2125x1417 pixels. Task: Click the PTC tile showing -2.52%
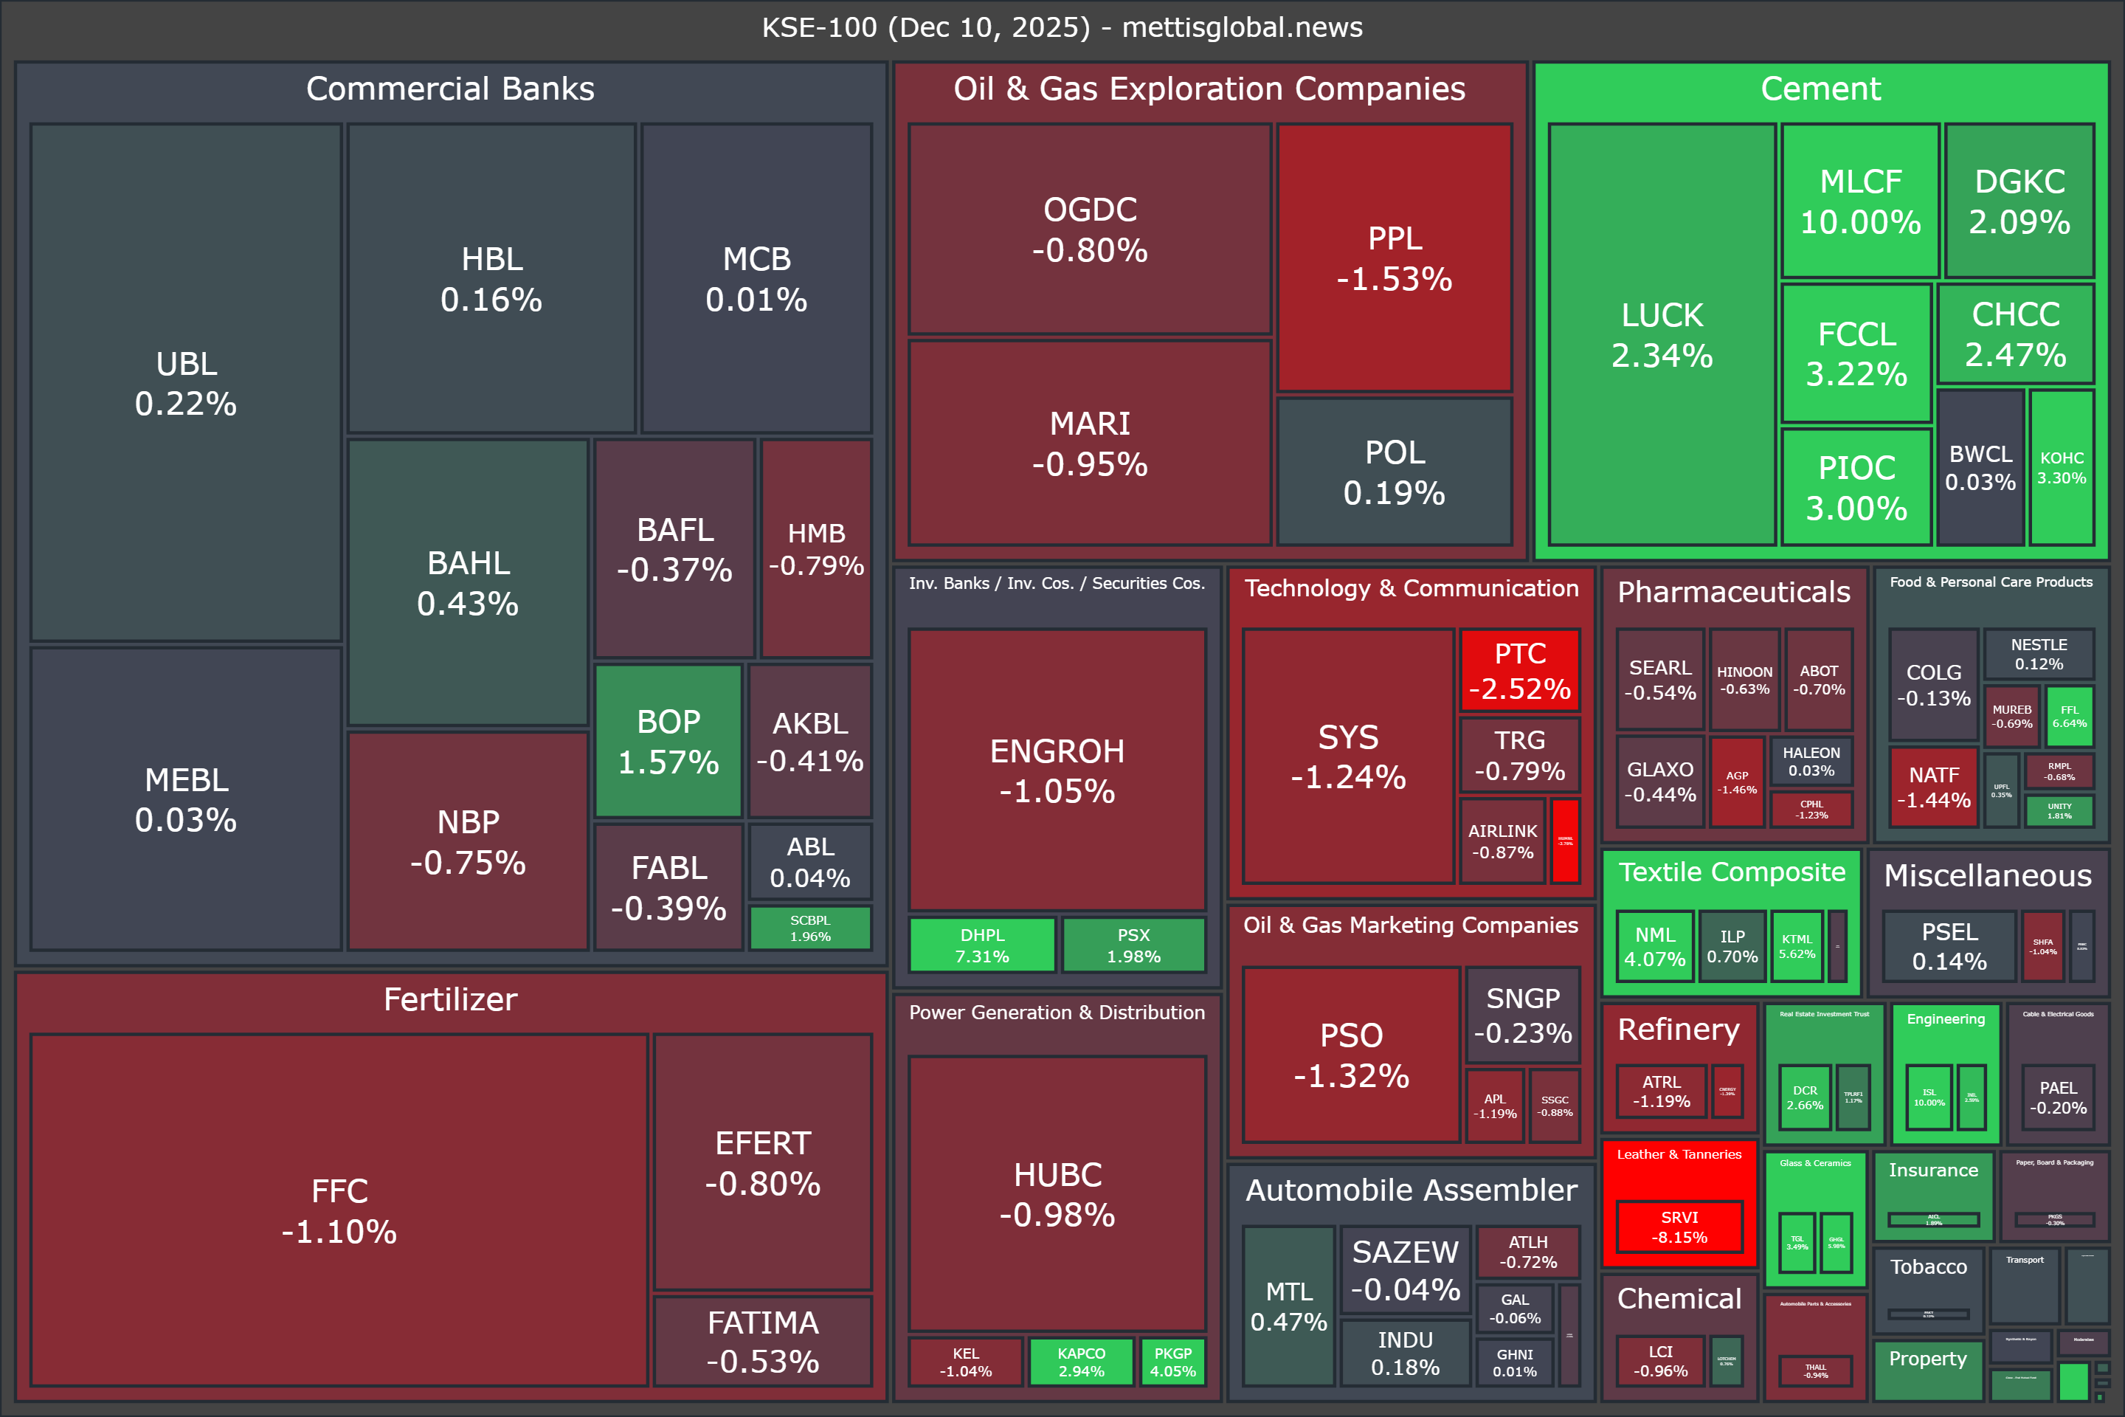click(1520, 669)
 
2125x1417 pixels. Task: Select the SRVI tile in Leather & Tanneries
click(1679, 1227)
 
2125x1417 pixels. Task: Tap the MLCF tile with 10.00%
click(1860, 201)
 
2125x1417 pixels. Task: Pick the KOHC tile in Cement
click(2061, 467)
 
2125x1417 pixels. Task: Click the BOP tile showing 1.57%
click(668, 741)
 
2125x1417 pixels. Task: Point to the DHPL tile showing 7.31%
click(982, 945)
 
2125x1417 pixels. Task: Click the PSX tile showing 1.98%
click(1133, 945)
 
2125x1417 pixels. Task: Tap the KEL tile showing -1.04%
click(965, 1362)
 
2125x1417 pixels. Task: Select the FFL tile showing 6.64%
click(2069, 717)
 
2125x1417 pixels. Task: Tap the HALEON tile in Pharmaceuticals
click(1811, 761)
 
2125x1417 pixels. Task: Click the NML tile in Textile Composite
click(1654, 946)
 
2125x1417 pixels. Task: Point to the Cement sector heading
click(1820, 89)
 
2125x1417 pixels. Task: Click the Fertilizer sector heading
click(450, 999)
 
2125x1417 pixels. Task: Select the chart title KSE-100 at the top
click(1062, 27)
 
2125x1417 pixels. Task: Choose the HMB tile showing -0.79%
click(816, 548)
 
